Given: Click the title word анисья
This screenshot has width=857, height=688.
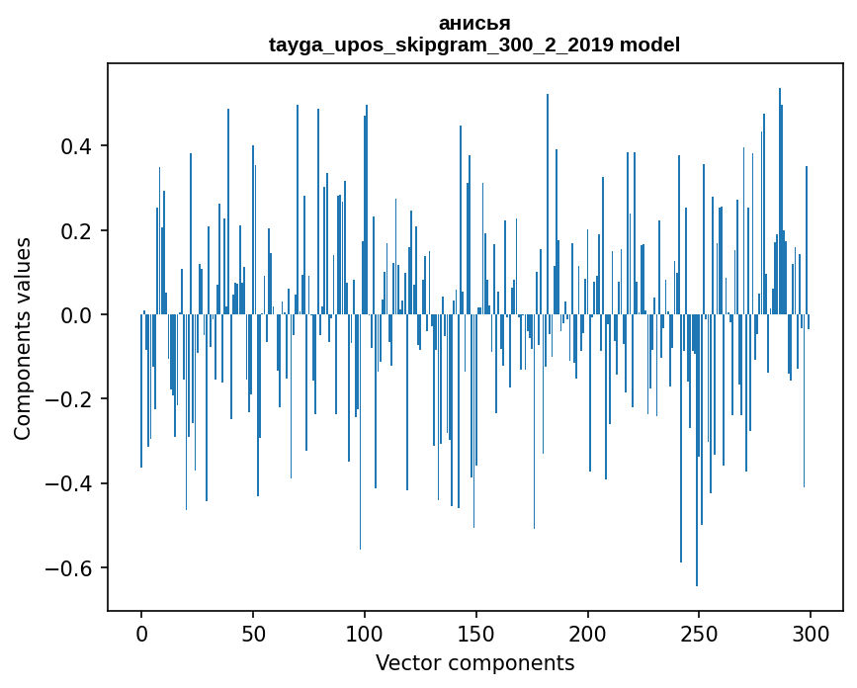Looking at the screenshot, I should tap(474, 23).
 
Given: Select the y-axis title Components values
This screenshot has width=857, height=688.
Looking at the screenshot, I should tap(23, 338).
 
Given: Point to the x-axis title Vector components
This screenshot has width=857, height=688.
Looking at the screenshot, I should tap(474, 662).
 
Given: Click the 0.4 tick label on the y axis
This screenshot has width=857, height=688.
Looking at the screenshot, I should tap(77, 146).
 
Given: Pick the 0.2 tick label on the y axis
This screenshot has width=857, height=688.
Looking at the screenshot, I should tap(77, 231).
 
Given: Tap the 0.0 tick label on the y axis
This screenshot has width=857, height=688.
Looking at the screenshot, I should tap(77, 315).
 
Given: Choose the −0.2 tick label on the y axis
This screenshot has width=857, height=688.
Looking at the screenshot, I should tap(69, 399).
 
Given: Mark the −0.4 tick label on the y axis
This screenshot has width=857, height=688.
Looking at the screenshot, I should tap(69, 484).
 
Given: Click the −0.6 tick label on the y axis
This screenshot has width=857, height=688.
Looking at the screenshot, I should tap(69, 568).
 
